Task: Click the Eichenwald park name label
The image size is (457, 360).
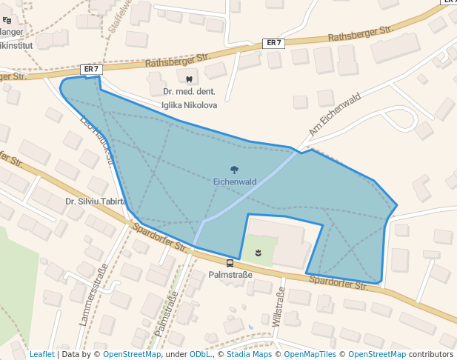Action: point(235,181)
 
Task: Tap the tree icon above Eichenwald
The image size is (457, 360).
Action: point(235,170)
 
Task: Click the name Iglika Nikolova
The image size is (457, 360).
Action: point(190,105)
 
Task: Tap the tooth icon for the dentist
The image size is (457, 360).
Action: point(189,79)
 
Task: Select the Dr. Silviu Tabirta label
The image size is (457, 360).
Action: point(96,201)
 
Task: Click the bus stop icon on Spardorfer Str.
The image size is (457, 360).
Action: point(230,263)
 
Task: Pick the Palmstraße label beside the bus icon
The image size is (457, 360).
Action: point(230,275)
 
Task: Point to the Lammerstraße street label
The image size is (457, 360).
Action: point(93,295)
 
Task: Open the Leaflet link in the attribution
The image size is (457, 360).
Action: point(42,354)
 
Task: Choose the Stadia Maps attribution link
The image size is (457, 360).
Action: point(248,354)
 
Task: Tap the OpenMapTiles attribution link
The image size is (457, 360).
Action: point(310,354)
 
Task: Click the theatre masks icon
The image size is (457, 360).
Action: point(258,253)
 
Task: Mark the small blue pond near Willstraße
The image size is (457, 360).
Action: point(250,327)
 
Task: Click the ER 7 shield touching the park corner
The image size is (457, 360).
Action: point(91,69)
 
